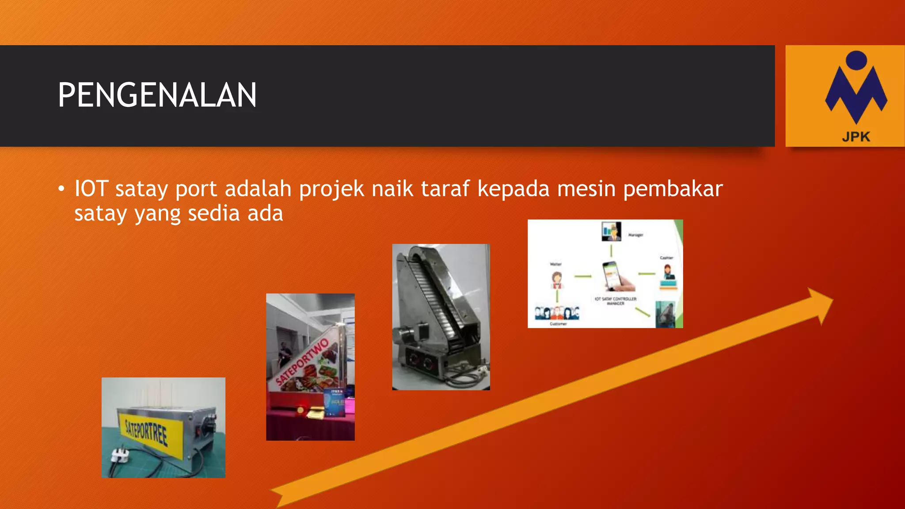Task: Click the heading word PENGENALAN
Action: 157,95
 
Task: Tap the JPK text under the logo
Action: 856,137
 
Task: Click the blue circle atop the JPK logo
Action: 856,61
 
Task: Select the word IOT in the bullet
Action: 91,189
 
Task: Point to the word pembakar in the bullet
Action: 673,189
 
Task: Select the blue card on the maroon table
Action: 334,403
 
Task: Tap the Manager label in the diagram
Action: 635,235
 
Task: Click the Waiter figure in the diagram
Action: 556,280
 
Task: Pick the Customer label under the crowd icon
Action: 558,324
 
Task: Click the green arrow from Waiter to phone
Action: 583,277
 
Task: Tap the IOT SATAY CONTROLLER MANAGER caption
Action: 615,301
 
